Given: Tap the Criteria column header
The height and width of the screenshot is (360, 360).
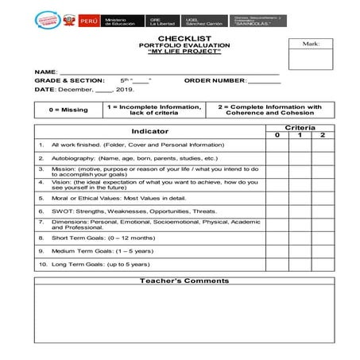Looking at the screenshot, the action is pyautogui.click(x=300, y=127).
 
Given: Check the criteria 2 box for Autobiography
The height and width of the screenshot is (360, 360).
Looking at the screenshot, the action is pyautogui.click(x=323, y=158).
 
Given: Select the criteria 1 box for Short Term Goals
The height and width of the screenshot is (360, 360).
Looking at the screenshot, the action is pyautogui.click(x=300, y=238).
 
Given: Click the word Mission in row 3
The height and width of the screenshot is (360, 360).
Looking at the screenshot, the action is pyautogui.click(x=62, y=169).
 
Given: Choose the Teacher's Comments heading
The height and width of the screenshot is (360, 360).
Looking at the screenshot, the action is pyautogui.click(x=184, y=281).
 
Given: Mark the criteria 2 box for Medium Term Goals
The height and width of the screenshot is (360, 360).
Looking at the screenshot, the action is pyautogui.click(x=323, y=250).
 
